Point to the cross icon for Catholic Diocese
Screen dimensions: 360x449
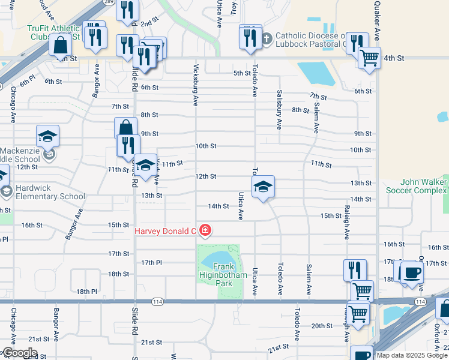coord(267,38)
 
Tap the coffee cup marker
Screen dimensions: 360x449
coord(411,272)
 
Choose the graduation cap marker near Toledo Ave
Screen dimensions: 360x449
coord(263,188)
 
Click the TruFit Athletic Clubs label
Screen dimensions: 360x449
coord(53,32)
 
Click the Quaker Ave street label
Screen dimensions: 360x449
coord(377,21)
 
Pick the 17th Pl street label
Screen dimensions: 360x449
coord(152,263)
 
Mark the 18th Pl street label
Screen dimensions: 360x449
coord(86,292)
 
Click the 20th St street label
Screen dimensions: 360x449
coord(322,326)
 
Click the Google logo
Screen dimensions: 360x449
coord(19,353)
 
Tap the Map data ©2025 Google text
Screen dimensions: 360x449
coord(411,355)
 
